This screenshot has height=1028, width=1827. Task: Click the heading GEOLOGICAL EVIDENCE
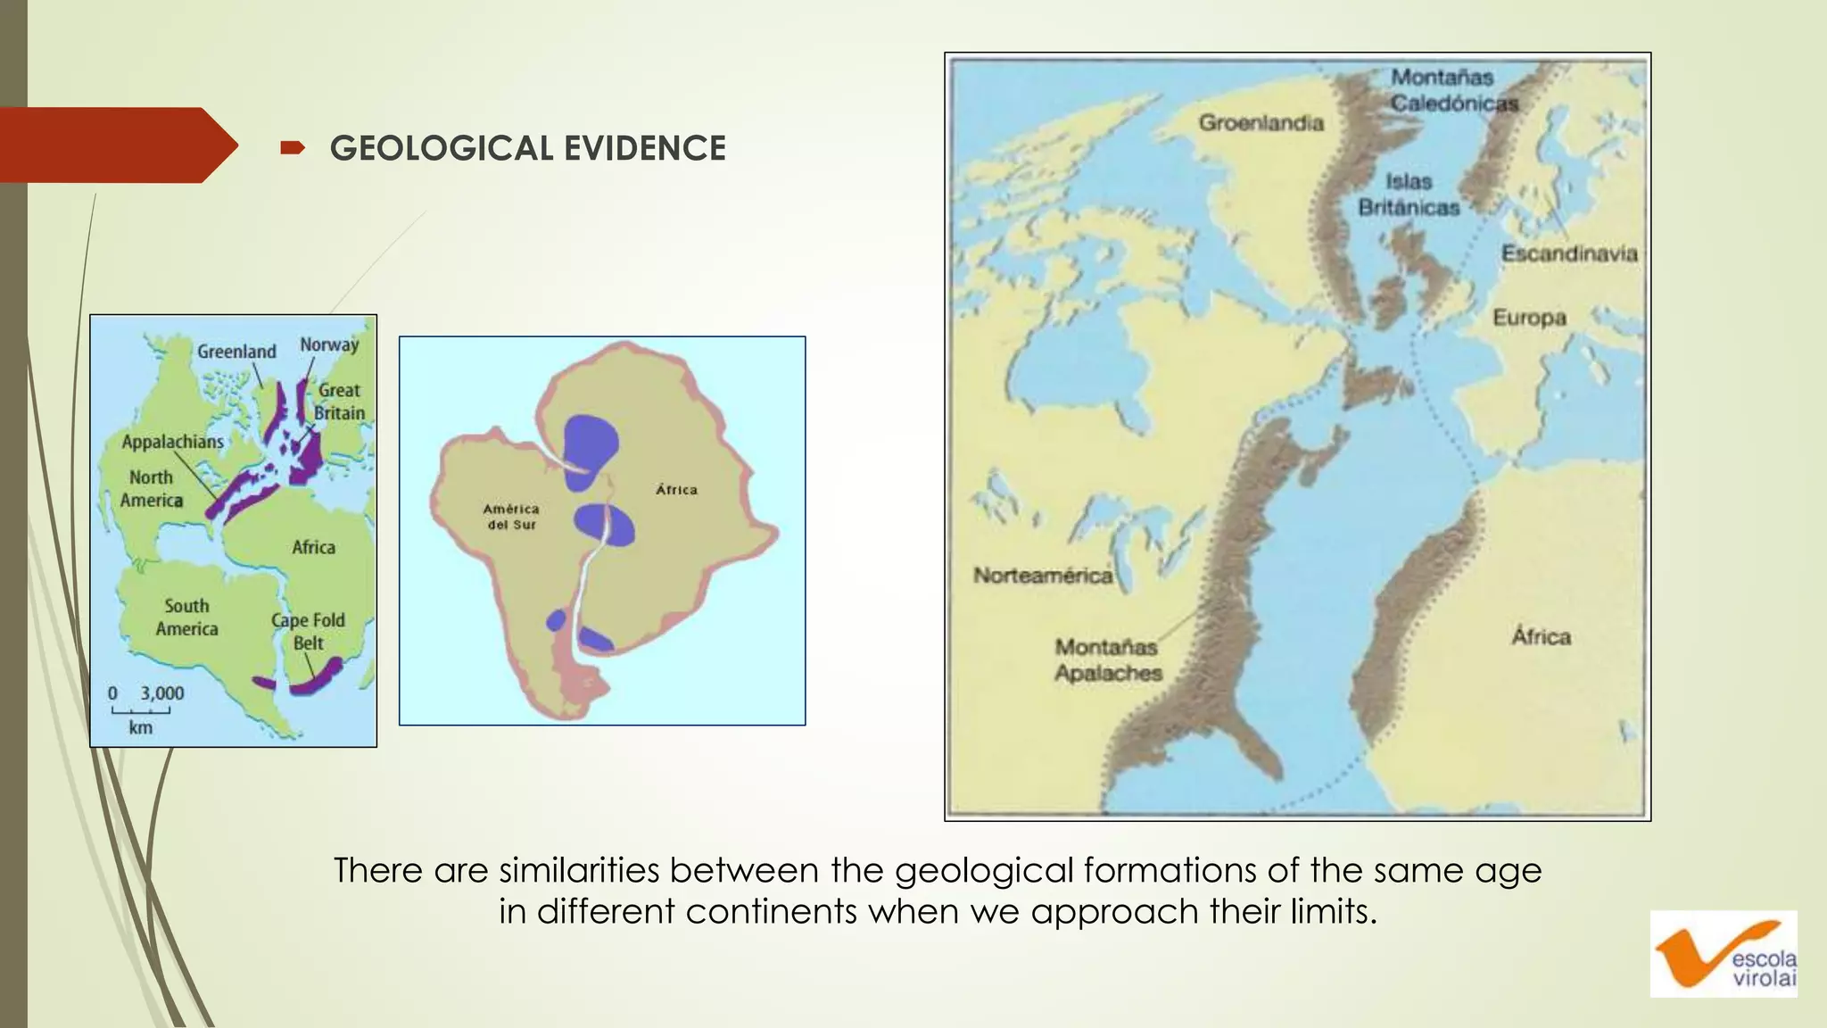[x=527, y=148]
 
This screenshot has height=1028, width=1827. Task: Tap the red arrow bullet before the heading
[x=292, y=147]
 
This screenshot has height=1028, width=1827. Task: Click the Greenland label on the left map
[x=236, y=352]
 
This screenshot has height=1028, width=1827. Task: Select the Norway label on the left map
[x=329, y=344]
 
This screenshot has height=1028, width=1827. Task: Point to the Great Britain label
[x=339, y=402]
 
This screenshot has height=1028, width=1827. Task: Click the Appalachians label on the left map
[x=173, y=442]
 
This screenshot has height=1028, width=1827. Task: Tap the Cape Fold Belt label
[x=309, y=631]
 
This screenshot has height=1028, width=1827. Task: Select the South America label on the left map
[x=186, y=618]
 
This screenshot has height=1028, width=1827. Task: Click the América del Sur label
[x=511, y=517]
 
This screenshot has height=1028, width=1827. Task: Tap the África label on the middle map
[x=676, y=490]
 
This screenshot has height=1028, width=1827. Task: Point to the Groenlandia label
[x=1261, y=123]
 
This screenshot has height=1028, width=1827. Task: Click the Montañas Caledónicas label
[x=1452, y=90]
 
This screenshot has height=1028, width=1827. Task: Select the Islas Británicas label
[x=1409, y=195]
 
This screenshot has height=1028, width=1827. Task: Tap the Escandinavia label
[x=1569, y=253]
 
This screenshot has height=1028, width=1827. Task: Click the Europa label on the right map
[x=1529, y=318]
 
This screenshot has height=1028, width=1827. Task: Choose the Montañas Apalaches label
[x=1107, y=659]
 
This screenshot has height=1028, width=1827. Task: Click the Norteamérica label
[x=1043, y=576]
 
